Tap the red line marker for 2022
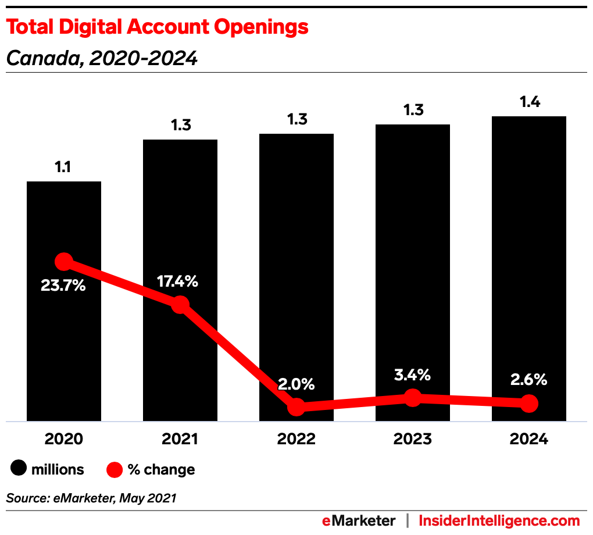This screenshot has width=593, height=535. [296, 406]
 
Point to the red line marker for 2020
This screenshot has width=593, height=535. [64, 262]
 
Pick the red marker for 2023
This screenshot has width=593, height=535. [412, 398]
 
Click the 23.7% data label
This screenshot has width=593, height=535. [63, 286]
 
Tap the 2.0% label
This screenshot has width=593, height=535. [296, 384]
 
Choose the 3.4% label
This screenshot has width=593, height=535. [412, 375]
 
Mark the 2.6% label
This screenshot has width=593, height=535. [528, 380]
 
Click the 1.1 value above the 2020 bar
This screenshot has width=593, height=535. [63, 167]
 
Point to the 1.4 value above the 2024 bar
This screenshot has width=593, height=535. [529, 102]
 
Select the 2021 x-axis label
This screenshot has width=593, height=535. [180, 439]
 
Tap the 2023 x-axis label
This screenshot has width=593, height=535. [412, 439]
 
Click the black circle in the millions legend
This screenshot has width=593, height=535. [19, 469]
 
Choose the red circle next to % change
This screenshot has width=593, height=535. [115, 469]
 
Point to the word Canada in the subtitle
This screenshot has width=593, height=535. [37, 58]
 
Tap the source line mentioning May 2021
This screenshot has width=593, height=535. [91, 498]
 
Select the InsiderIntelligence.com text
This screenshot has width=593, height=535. [499, 520]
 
